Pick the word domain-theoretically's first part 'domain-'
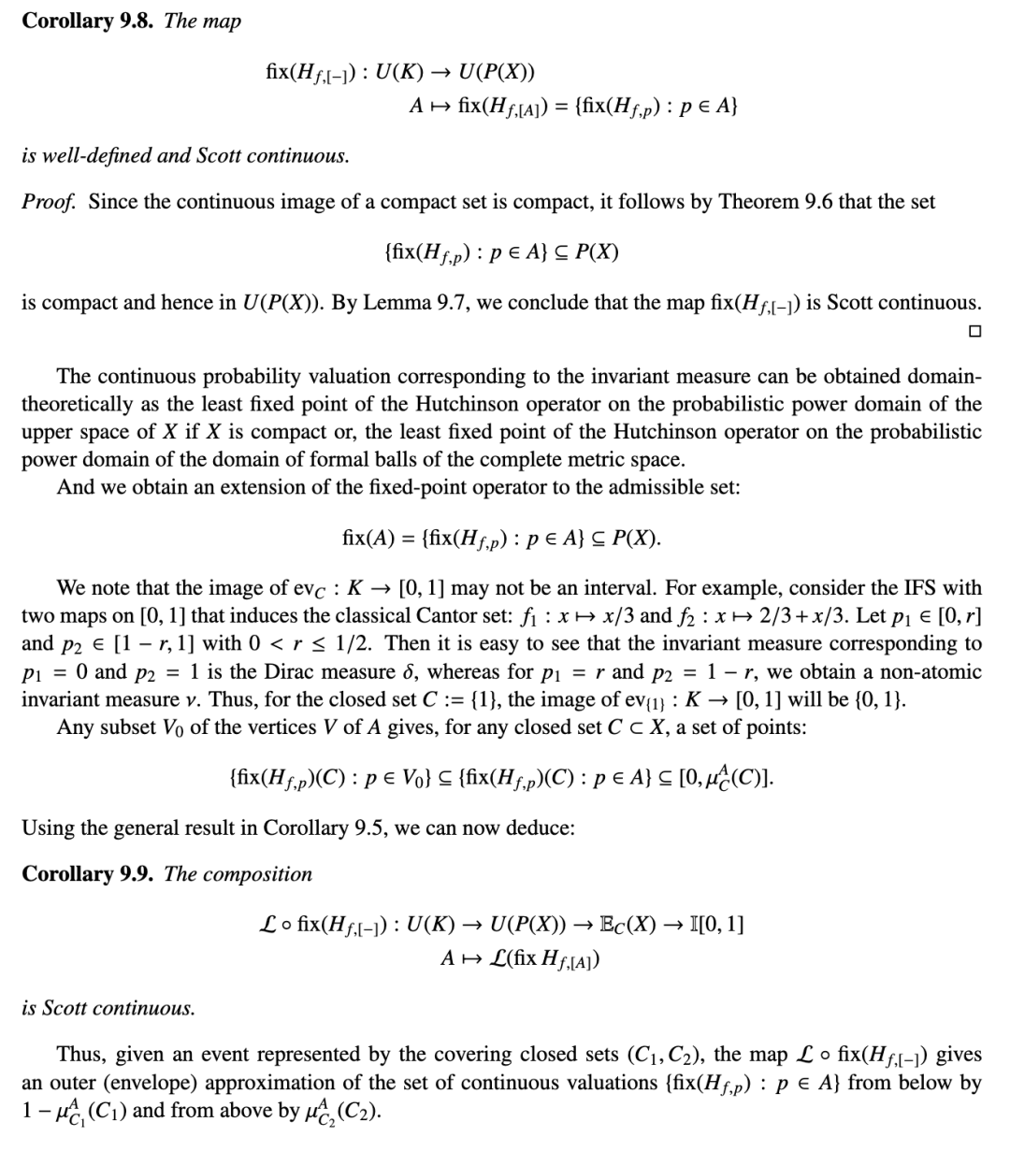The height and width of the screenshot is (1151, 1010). click(x=939, y=376)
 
